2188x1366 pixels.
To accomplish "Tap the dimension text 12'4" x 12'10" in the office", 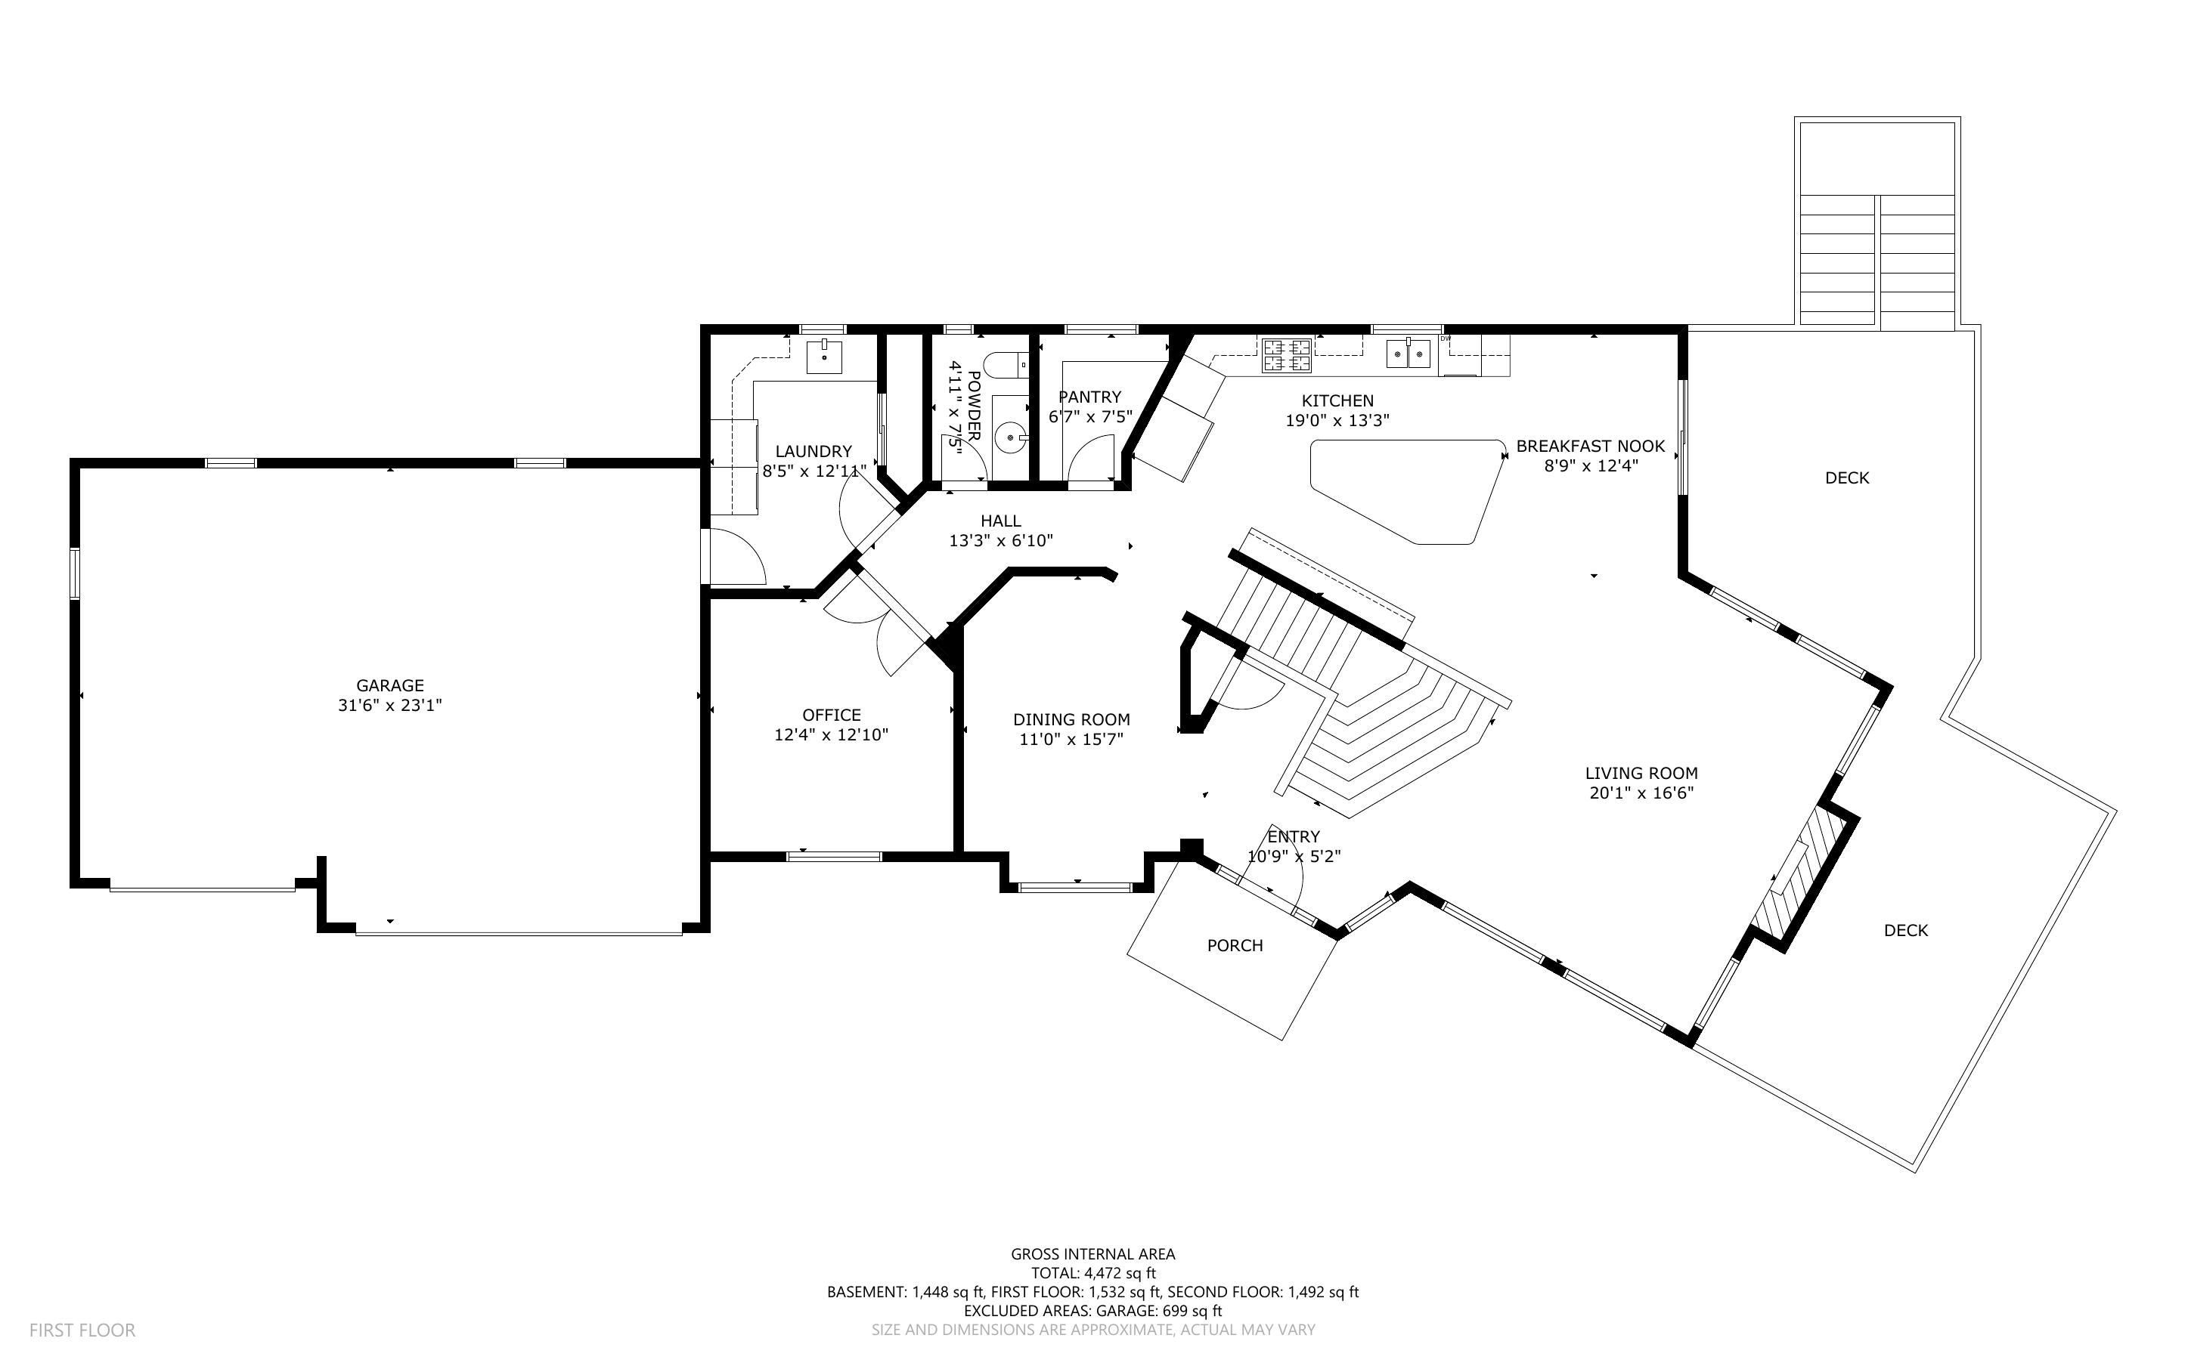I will click(x=831, y=735).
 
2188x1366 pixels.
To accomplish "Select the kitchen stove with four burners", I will click(x=1286, y=355).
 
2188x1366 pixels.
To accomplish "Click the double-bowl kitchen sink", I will click(x=1409, y=354).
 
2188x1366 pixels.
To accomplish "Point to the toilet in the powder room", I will click(x=1003, y=366).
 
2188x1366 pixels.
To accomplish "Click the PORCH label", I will click(x=1235, y=946).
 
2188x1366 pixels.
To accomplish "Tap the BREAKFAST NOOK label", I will click(x=1590, y=447).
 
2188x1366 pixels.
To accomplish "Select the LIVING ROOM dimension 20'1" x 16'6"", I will click(x=1641, y=793).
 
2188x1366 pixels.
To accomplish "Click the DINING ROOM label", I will click(x=1071, y=720).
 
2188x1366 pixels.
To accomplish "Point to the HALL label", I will click(x=1000, y=521).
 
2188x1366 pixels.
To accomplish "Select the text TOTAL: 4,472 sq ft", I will click(x=1092, y=1273).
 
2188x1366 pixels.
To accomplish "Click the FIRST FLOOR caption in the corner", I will click(x=82, y=1330).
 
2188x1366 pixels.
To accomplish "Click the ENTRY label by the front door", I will click(x=1294, y=836).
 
